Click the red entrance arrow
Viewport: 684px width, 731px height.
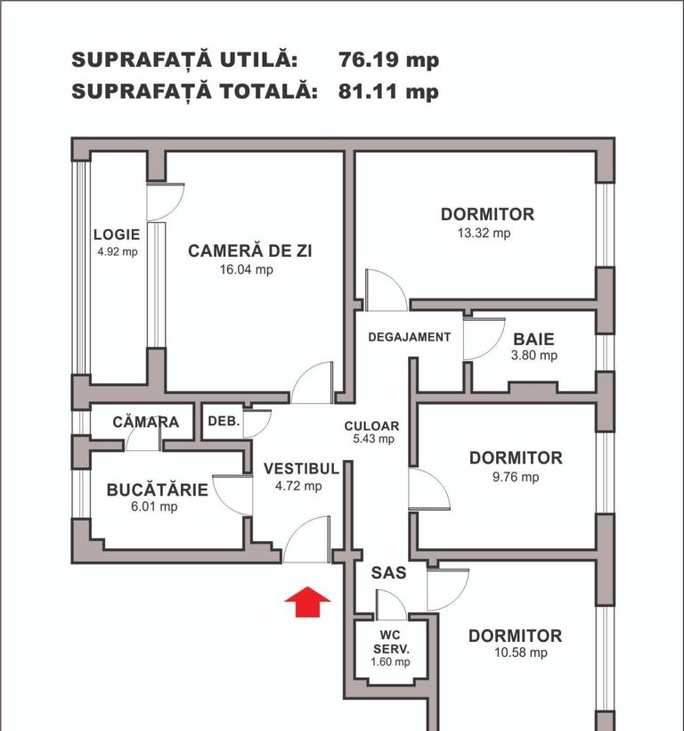307,602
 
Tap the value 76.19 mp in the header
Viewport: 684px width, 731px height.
388,61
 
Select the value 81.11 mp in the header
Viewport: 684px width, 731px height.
388,91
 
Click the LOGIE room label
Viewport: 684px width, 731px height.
117,235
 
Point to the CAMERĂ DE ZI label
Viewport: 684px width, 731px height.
250,251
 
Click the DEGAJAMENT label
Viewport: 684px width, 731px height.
410,337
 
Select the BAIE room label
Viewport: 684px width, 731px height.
533,339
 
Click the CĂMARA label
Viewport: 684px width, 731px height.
146,422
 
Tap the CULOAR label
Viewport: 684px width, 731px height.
371,426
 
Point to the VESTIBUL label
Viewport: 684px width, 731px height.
301,468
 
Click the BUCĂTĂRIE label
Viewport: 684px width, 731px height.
157,489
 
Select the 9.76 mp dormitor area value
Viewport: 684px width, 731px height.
516,477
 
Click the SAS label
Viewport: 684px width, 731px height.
388,573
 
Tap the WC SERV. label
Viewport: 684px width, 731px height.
391,642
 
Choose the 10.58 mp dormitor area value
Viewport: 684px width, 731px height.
515,653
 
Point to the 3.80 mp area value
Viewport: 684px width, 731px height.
534,356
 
